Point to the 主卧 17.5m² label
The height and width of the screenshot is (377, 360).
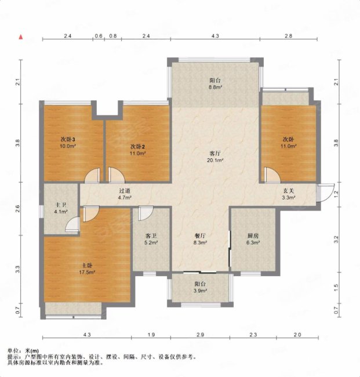(x=87, y=268)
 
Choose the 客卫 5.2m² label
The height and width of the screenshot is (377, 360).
(x=152, y=240)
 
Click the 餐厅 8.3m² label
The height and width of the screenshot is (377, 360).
(x=201, y=240)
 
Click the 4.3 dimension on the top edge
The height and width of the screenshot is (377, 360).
(x=215, y=37)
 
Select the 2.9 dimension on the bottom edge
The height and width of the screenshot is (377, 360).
(x=200, y=335)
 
